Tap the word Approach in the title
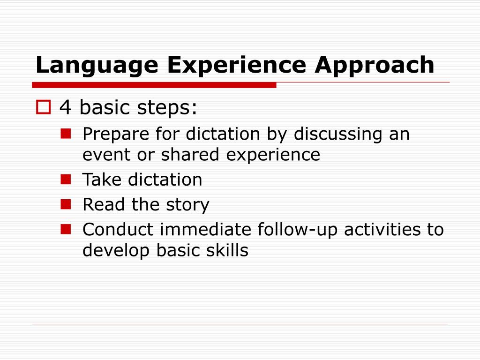point(375,66)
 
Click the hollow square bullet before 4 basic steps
point(43,108)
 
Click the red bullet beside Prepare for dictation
point(65,134)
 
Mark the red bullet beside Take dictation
point(65,179)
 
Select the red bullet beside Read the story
point(65,204)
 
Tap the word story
point(187,205)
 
